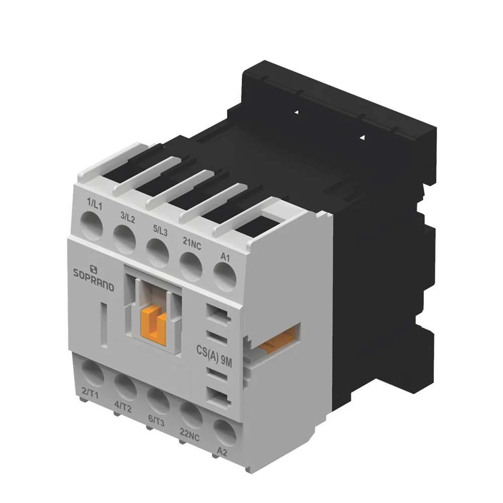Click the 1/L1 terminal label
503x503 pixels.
pyautogui.click(x=95, y=204)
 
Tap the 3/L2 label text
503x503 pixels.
pyautogui.click(x=128, y=217)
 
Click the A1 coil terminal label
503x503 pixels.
pyautogui.click(x=225, y=257)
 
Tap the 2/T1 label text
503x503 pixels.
pyautogui.click(x=90, y=393)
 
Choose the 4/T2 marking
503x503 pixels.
pyautogui.click(x=123, y=407)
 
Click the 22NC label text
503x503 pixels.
pyautogui.click(x=189, y=435)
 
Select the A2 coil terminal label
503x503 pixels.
pyautogui.click(x=222, y=452)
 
